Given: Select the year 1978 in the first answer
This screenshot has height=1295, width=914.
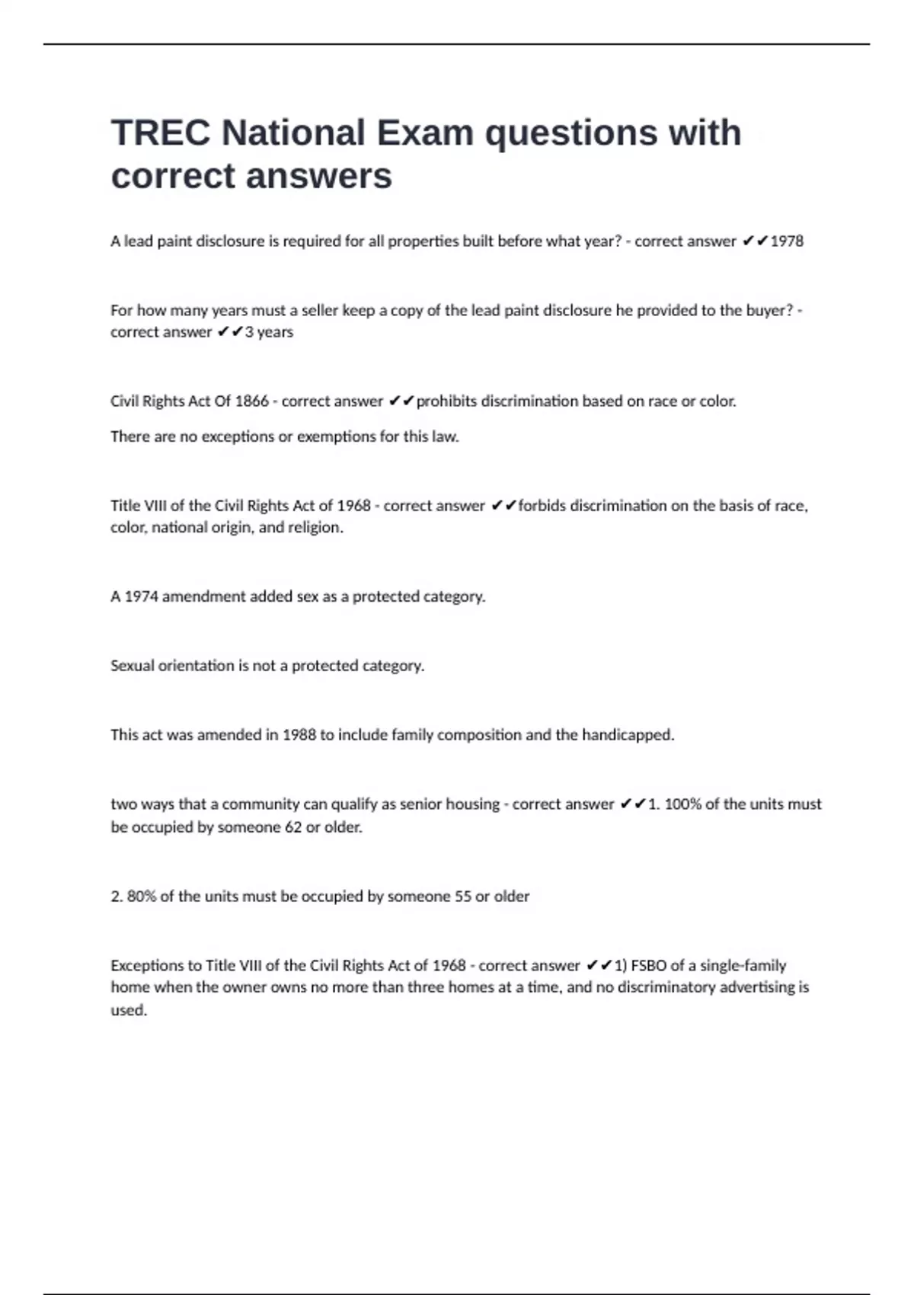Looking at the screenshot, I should pos(787,241).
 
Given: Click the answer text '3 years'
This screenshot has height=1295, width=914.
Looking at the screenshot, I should pos(269,332).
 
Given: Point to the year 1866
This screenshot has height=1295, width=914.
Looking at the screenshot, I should pos(251,401).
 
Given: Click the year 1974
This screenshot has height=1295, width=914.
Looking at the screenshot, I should pos(141,596).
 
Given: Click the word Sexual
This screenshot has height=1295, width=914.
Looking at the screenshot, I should pos(132,666).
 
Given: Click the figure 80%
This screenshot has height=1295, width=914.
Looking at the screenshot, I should pos(141,897).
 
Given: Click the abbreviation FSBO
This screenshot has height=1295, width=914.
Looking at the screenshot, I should pos(649,966).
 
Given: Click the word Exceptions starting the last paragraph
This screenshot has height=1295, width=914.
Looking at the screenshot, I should pos(144,966).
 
